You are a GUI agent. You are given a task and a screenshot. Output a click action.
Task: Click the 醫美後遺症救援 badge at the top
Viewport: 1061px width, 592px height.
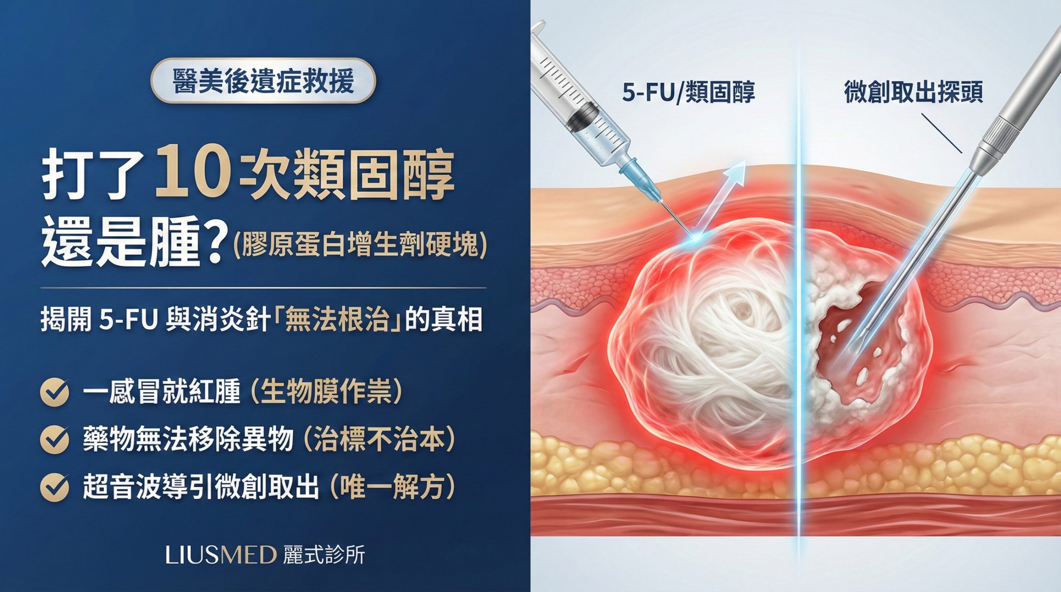(x=263, y=80)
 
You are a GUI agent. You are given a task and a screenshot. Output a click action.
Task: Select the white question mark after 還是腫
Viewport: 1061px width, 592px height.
(x=215, y=244)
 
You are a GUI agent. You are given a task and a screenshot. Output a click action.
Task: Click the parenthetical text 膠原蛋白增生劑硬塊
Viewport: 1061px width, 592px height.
(x=359, y=247)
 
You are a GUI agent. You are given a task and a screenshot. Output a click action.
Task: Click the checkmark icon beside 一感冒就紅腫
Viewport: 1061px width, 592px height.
(x=55, y=392)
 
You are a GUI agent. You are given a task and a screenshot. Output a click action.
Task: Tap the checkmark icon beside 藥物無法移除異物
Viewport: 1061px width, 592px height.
(x=55, y=440)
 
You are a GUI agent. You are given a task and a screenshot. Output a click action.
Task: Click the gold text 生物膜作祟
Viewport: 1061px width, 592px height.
(x=326, y=392)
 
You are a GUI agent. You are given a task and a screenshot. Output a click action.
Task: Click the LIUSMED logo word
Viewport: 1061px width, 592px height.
(x=220, y=555)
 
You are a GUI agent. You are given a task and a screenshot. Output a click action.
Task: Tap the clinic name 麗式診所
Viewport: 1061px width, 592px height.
(x=324, y=555)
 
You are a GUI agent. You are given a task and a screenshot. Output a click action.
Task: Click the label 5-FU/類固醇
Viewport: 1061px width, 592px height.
(x=688, y=92)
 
